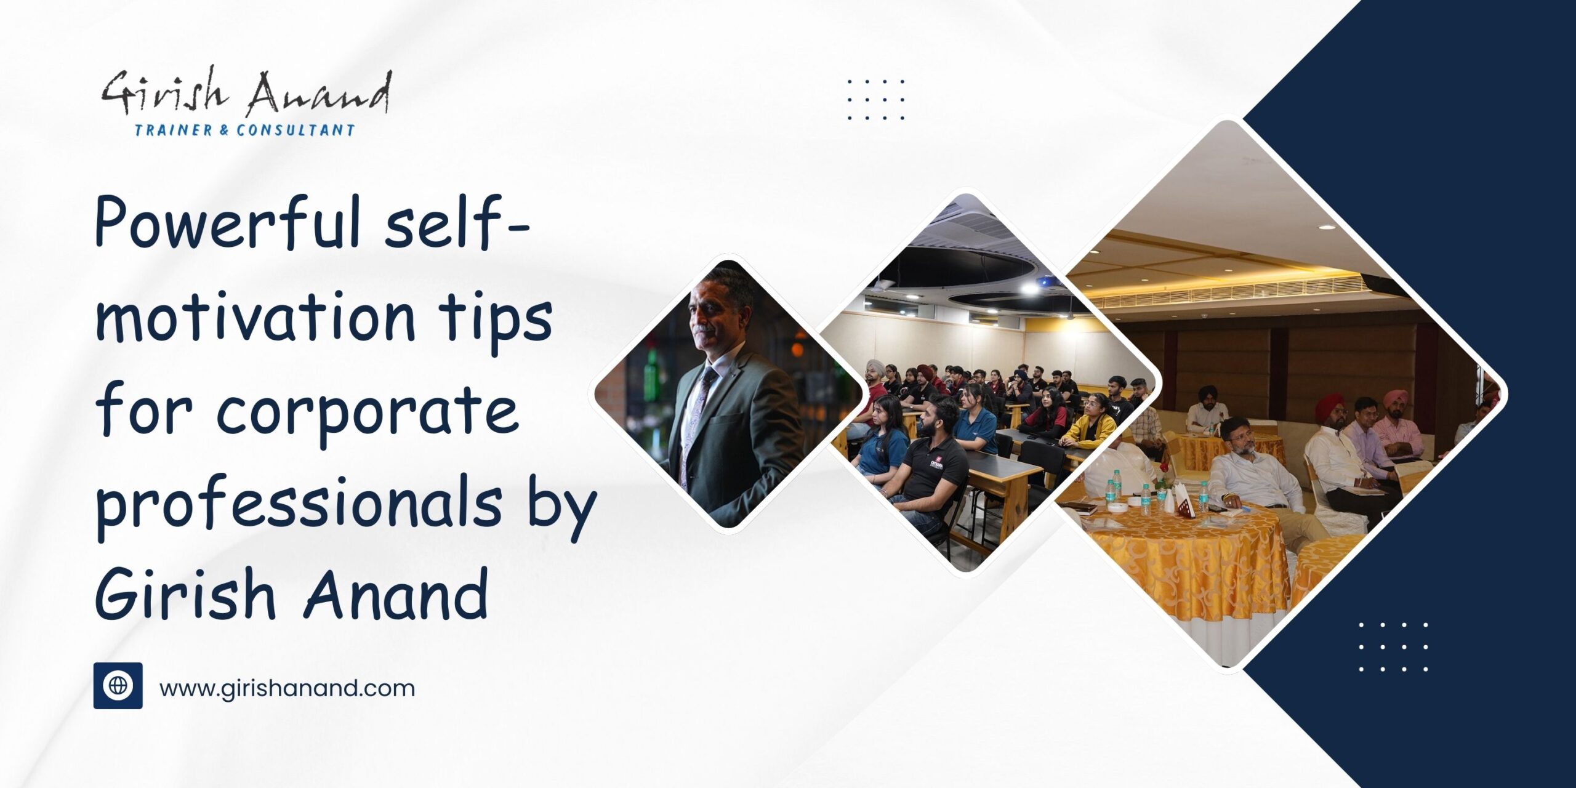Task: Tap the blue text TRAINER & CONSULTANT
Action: pos(245,130)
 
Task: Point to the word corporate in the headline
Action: pos(366,411)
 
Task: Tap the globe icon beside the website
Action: pos(118,686)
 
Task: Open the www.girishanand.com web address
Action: pos(287,688)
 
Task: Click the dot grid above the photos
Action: pos(875,98)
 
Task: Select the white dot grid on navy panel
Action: pos(1393,646)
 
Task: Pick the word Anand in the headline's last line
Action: pos(397,595)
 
